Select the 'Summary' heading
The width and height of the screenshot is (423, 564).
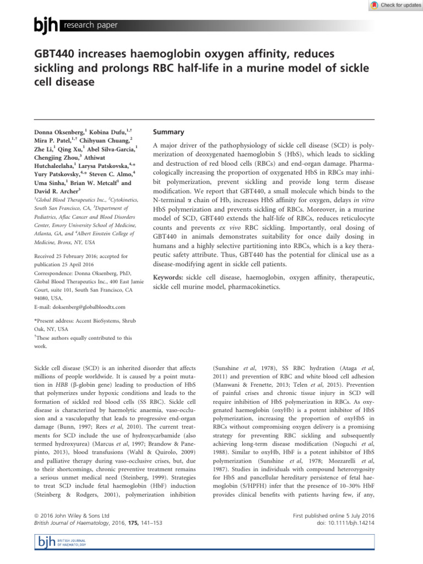pos(167,132)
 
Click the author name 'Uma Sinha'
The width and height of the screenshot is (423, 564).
pos(51,182)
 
